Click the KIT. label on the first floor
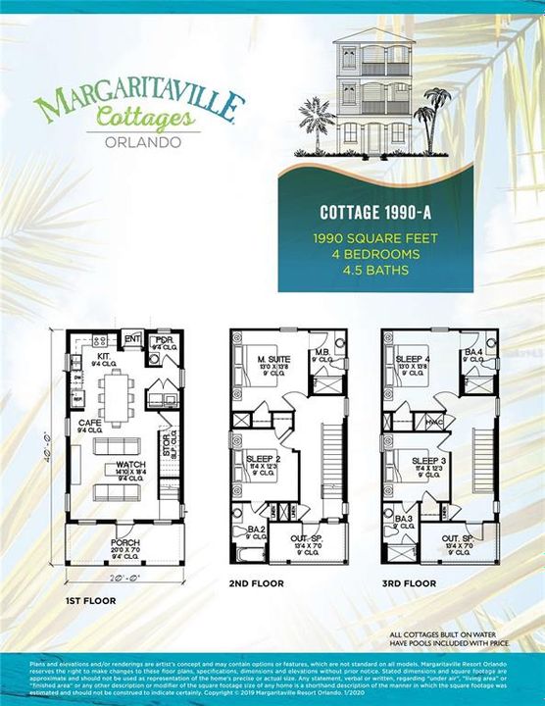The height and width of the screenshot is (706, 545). (102, 356)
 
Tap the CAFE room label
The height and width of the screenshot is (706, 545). (89, 423)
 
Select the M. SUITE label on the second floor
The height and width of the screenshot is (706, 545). (268, 361)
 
